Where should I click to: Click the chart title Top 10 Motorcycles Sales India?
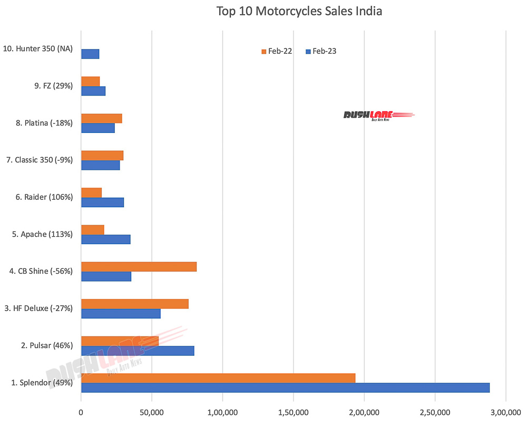pyautogui.click(x=299, y=11)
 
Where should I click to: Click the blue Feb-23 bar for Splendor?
pyautogui.click(x=285, y=388)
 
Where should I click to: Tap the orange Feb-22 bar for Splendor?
pyautogui.click(x=218, y=378)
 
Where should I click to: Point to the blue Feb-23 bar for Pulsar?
pyautogui.click(x=138, y=351)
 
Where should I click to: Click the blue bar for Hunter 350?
pyautogui.click(x=90, y=54)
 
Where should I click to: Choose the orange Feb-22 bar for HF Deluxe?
pyautogui.click(x=135, y=304)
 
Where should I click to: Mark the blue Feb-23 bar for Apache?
pyautogui.click(x=106, y=239)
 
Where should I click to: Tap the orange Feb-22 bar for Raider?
pyautogui.click(x=91, y=192)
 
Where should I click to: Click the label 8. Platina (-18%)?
pyautogui.click(x=44, y=123)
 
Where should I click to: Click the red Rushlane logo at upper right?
pyautogui.click(x=378, y=115)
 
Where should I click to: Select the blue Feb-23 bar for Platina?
pyautogui.click(x=98, y=128)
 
